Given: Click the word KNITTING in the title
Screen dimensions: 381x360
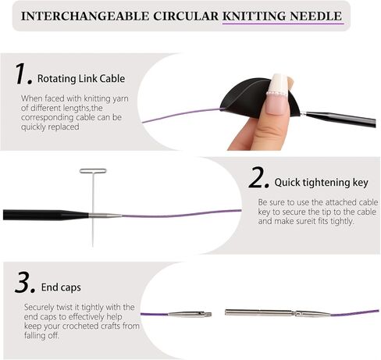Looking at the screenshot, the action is (255, 16).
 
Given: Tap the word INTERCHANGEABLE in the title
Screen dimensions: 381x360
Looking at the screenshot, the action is (85, 16).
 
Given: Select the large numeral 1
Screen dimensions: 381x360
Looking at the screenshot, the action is (23, 74).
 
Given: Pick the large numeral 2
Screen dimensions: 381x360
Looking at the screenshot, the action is (258, 177).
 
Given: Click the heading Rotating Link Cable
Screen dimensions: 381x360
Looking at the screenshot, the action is (81, 78).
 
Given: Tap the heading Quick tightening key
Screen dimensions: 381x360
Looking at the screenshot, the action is (321, 183).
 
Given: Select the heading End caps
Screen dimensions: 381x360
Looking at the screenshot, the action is (61, 287).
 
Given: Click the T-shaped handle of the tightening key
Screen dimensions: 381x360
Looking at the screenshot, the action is (93, 171).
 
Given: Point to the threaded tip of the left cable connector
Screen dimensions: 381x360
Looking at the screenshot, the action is (208, 314).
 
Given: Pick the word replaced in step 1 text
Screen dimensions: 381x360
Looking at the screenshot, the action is (66, 127).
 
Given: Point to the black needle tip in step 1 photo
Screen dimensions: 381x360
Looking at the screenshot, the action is (340, 119).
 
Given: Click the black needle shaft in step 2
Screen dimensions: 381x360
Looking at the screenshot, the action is (45, 215).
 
